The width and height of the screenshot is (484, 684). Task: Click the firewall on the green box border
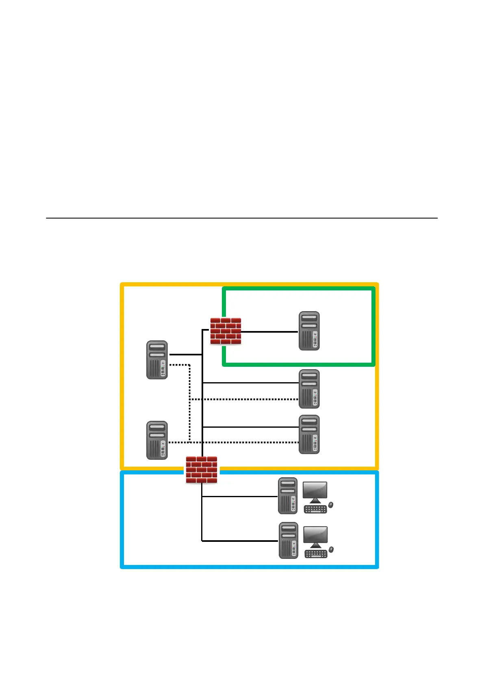click(226, 331)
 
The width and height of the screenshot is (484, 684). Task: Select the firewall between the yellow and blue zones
click(202, 470)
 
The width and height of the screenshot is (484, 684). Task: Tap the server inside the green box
click(309, 331)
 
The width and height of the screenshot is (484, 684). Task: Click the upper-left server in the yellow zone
click(157, 360)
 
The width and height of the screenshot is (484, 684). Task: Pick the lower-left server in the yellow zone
click(157, 440)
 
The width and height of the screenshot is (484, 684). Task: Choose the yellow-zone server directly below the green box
click(309, 389)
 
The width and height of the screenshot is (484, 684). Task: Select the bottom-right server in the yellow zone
click(309, 434)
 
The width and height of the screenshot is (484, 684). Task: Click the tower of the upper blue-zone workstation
click(288, 496)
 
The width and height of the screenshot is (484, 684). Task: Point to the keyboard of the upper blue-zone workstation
click(315, 509)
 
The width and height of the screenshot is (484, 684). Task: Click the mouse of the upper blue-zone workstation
click(331, 505)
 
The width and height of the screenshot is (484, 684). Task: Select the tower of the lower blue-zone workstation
click(289, 541)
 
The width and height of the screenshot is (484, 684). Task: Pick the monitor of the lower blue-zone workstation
click(316, 537)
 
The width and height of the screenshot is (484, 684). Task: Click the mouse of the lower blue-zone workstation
click(331, 550)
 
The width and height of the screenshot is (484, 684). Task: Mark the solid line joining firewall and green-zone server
click(269, 332)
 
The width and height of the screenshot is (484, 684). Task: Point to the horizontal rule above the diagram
click(242, 218)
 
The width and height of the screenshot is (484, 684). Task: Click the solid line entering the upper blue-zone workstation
click(240, 496)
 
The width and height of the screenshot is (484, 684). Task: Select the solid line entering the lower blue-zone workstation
click(240, 541)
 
